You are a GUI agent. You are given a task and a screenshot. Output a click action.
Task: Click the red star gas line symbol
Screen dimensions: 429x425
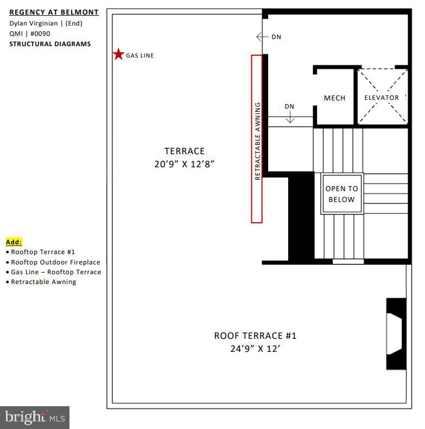[x=118, y=54]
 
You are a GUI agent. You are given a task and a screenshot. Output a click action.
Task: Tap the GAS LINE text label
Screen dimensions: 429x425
[x=140, y=55]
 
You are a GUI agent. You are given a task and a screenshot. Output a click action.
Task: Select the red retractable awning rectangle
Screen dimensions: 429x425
[x=257, y=138]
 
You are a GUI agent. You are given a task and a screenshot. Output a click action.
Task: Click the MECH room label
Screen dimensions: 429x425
[x=334, y=98]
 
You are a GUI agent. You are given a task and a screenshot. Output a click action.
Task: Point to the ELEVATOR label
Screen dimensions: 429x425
[x=382, y=98]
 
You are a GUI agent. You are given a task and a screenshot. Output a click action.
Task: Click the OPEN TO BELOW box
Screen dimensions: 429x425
[x=341, y=194]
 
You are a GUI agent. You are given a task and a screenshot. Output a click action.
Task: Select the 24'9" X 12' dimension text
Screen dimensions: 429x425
[x=255, y=349]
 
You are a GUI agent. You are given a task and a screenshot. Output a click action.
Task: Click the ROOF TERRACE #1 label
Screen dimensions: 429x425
[x=255, y=336]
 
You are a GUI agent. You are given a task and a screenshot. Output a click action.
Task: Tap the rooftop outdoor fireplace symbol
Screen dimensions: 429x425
[x=395, y=333]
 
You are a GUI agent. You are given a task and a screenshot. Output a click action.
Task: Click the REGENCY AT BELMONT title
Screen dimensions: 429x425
[x=54, y=12]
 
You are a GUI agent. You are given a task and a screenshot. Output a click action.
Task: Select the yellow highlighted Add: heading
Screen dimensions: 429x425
[x=14, y=242]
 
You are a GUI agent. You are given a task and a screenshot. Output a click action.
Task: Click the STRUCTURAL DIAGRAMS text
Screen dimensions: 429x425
[x=50, y=44]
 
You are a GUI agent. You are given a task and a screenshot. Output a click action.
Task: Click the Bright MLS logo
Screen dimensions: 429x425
[x=35, y=418]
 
